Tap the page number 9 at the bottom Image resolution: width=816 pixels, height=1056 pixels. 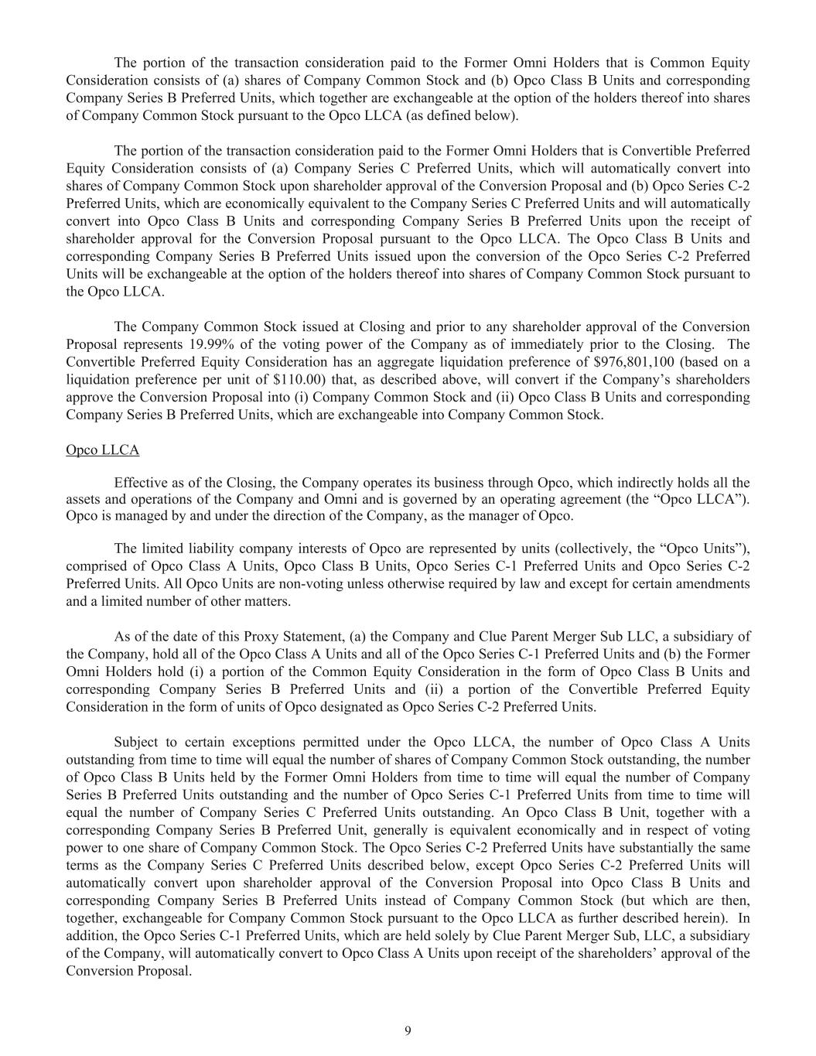[x=408, y=1030]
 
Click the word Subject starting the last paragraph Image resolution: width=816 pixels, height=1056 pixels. [x=137, y=742]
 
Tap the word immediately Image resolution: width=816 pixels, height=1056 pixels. [x=511, y=344]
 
